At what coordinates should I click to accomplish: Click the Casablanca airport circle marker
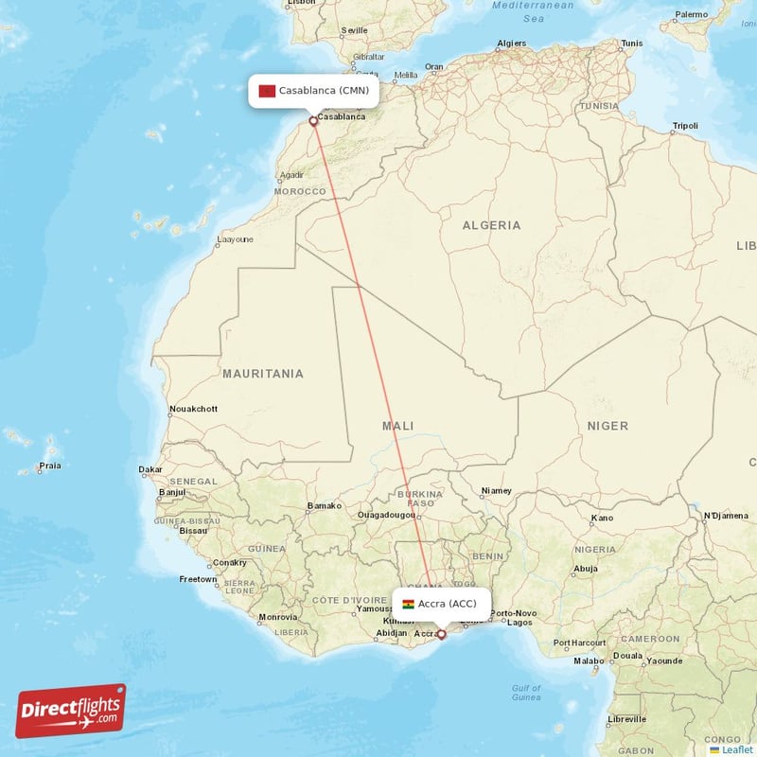313,121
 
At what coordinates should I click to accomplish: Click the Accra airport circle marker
441,635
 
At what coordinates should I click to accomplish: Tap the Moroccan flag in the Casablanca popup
267,91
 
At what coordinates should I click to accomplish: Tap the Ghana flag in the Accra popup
409,604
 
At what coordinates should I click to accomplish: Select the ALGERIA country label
491,225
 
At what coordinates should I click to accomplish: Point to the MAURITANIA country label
263,374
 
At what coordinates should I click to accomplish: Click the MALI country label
397,426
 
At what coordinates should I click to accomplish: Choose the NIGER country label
607,426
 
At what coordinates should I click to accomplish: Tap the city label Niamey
496,491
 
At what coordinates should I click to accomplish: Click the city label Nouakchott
192,409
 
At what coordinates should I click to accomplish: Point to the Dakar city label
150,469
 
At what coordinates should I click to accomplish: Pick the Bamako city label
324,506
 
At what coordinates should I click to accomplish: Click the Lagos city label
520,622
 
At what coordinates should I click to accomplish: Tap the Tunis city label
631,44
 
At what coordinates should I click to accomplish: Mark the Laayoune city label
235,239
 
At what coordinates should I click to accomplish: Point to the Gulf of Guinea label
525,693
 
